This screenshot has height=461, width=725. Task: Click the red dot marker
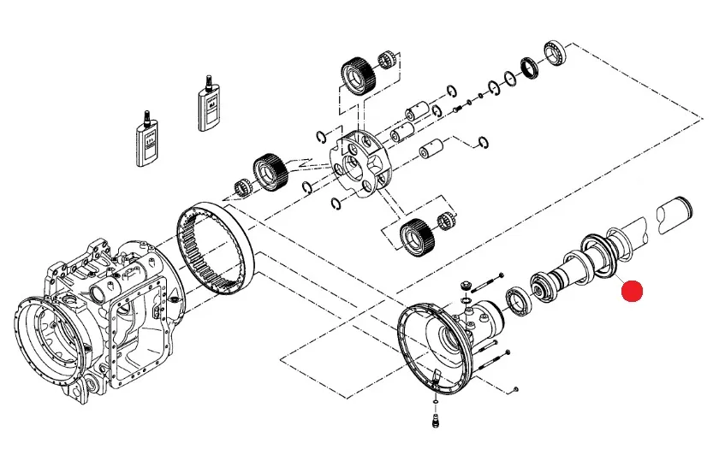pyautogui.click(x=632, y=293)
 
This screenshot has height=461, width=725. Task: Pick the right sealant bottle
pyautogui.click(x=207, y=105)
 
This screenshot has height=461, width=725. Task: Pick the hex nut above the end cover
pyautogui.click(x=467, y=286)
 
